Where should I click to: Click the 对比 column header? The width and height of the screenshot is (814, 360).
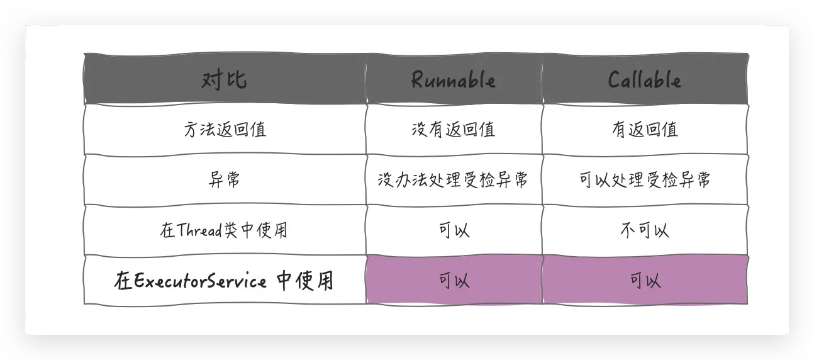tap(224, 80)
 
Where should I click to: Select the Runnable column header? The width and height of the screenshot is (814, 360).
tap(453, 80)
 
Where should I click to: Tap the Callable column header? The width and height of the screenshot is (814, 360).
tap(644, 80)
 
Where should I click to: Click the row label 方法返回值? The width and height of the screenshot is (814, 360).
tap(224, 130)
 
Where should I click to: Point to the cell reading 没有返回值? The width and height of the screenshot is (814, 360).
tap(453, 130)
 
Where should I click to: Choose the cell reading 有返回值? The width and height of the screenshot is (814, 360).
tap(644, 130)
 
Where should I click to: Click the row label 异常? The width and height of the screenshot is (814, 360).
tap(224, 180)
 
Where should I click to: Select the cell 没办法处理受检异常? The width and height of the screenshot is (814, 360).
tap(453, 180)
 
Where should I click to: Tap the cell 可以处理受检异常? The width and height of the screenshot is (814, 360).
tap(644, 180)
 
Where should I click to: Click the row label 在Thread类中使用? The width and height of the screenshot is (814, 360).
tap(224, 230)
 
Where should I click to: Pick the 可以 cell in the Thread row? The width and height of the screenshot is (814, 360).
tap(454, 230)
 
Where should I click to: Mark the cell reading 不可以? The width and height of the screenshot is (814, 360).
tap(644, 230)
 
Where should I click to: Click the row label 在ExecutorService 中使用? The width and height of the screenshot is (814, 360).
tap(224, 281)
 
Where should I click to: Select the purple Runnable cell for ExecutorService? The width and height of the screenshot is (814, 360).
tap(454, 281)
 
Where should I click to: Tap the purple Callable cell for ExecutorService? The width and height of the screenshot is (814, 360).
tap(644, 281)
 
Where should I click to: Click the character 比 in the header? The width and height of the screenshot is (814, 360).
tap(236, 80)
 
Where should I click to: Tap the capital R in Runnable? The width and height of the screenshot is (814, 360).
tap(417, 80)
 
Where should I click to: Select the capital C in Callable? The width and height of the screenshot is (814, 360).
tap(615, 80)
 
